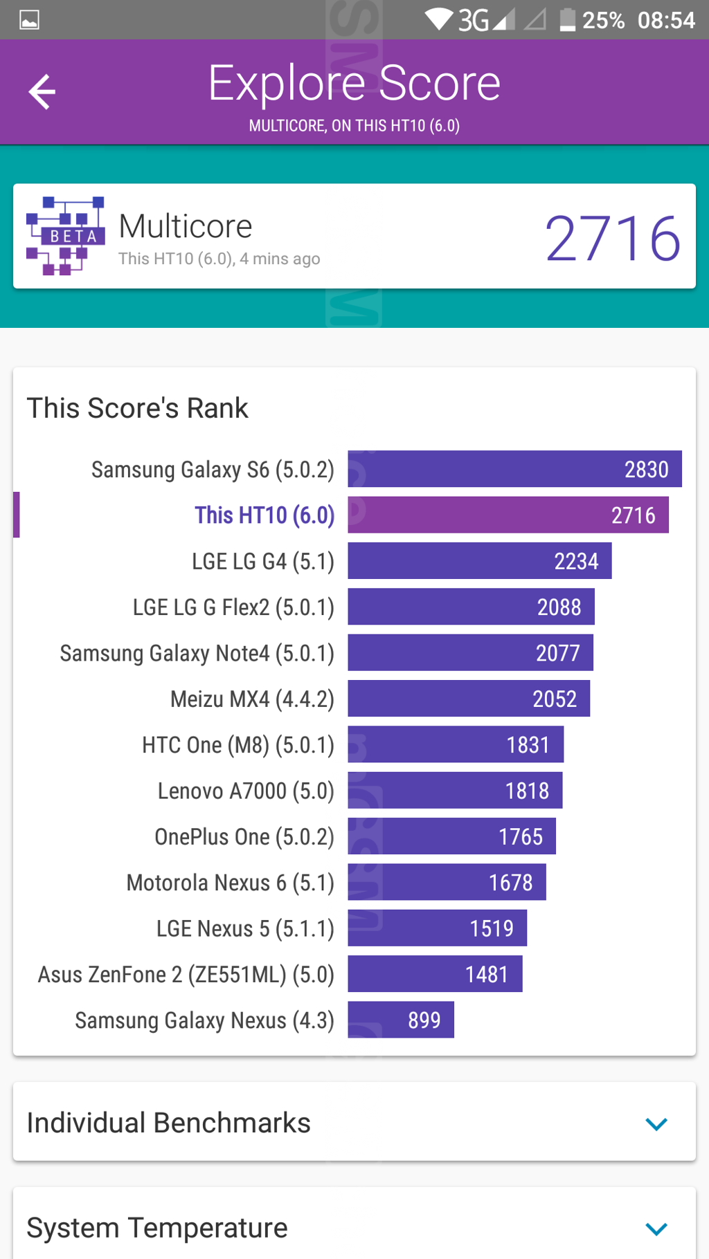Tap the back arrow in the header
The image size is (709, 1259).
(x=42, y=91)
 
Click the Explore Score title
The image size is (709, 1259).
(x=354, y=83)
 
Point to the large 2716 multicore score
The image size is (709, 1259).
(x=612, y=238)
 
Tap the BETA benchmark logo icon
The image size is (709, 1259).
(x=65, y=235)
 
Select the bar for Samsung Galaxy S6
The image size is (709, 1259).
(x=514, y=469)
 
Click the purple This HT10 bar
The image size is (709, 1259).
(x=508, y=515)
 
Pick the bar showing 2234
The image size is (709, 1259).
(x=479, y=561)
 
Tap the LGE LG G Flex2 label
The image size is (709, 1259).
(x=233, y=607)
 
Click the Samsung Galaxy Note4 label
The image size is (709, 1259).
(x=197, y=653)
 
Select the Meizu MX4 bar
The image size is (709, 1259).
(x=468, y=699)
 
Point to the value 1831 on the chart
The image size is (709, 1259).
(x=528, y=745)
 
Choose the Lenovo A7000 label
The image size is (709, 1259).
(x=246, y=791)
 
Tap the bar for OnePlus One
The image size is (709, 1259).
(x=451, y=836)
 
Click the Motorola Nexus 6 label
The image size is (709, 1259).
(x=230, y=883)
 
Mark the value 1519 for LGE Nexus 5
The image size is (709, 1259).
(x=492, y=928)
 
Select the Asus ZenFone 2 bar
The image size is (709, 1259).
(x=435, y=974)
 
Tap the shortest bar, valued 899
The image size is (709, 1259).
(x=400, y=1020)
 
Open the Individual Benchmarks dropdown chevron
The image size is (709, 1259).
(x=656, y=1123)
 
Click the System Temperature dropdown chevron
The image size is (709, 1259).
(x=656, y=1229)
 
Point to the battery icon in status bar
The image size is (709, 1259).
(x=567, y=19)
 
